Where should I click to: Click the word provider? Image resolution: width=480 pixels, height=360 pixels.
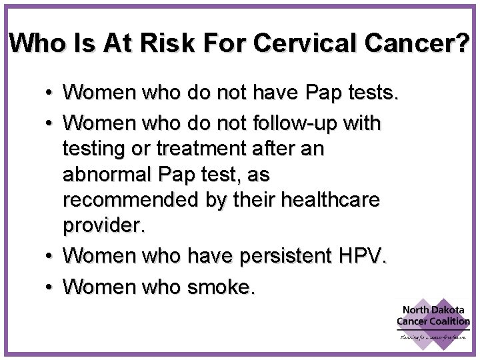(103, 225)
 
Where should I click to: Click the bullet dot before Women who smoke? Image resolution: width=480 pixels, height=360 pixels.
(51, 287)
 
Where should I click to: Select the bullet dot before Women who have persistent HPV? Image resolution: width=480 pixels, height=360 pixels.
(51, 255)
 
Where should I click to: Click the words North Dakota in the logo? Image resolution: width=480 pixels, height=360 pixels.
(434, 310)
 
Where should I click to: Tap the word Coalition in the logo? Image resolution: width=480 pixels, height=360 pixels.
(451, 321)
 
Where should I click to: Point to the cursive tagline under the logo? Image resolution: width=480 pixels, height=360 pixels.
(433, 337)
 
